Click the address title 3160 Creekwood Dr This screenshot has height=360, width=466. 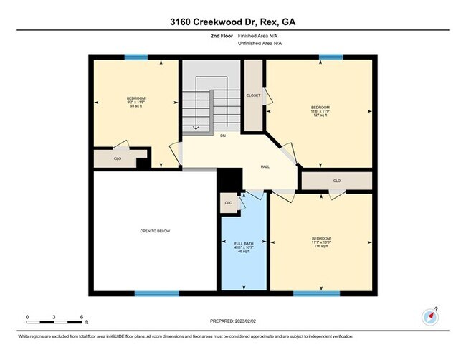point(233,22)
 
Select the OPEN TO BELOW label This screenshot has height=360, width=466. point(154,231)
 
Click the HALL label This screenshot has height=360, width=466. point(265,166)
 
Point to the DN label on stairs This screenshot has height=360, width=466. point(223,135)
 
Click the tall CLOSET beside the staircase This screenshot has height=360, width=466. point(253,95)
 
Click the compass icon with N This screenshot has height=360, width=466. point(430,316)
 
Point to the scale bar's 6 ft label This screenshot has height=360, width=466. point(83,317)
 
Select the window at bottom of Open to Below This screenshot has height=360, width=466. point(156,293)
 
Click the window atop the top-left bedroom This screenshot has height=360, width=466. point(135,57)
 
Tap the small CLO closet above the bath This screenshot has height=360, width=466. point(229,203)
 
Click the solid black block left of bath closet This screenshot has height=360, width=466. point(227,179)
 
